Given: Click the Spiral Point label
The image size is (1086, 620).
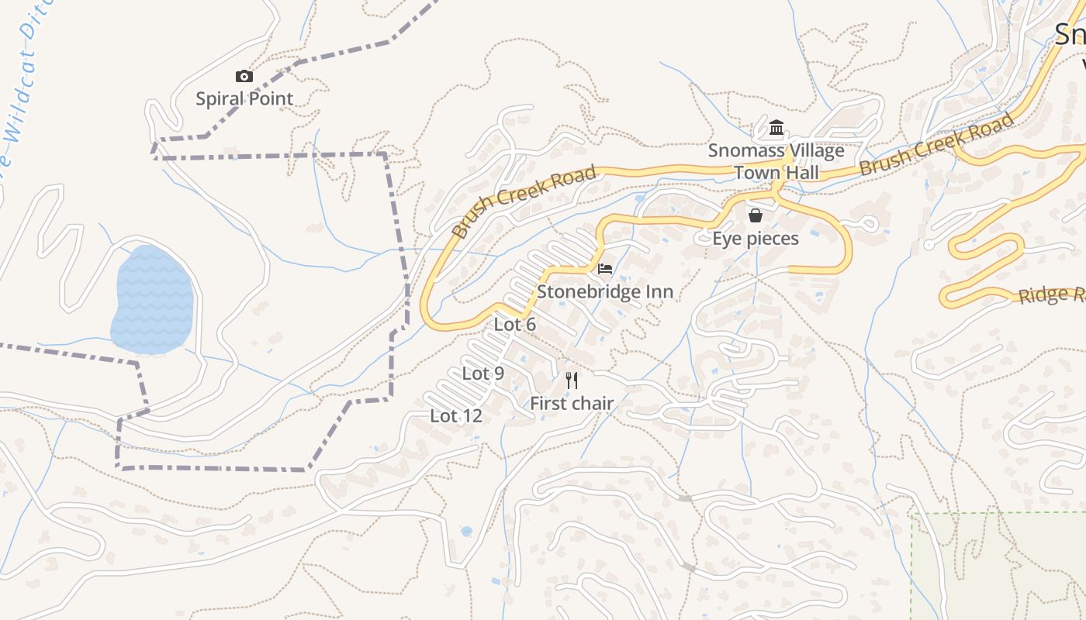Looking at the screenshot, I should tap(244, 99).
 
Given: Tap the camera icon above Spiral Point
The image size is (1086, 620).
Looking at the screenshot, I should tap(244, 76).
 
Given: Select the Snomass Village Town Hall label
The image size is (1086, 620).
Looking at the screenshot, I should tap(776, 162).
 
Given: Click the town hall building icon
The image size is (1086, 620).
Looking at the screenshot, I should tap(776, 128).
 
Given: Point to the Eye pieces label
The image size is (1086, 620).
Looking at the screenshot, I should tap(756, 239).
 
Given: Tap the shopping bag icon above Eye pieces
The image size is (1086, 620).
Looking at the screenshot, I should tap(756, 215).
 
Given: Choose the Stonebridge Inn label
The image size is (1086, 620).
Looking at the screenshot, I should tap(605, 292).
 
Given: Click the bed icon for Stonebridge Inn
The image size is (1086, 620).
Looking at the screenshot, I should tap(605, 270).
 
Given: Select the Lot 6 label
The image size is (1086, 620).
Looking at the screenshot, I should tap(515, 325).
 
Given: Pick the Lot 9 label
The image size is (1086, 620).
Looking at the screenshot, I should tap(483, 374).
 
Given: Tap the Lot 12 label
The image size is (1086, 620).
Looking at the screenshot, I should tap(456, 416).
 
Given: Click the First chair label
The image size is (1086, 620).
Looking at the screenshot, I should tap(572, 404).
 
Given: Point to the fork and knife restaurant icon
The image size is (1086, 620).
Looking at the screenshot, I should tap(572, 380).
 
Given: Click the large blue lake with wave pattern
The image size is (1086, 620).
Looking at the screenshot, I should tap(153, 300).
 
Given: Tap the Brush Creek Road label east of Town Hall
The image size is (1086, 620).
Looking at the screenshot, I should tap(936, 144).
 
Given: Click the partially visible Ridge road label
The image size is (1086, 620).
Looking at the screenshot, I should tap(1051, 295).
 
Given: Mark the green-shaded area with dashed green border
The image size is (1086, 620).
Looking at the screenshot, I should tap(1001, 566).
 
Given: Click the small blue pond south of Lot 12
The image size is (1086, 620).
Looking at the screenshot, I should tap(466, 532).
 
